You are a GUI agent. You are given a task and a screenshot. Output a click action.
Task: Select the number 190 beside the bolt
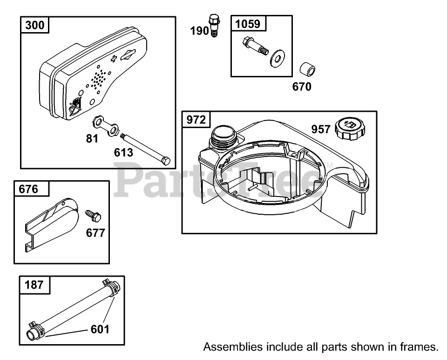coord(200,31)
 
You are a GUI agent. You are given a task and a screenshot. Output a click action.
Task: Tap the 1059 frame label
coord(249,23)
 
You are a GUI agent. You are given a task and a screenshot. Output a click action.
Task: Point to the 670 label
coord(302,87)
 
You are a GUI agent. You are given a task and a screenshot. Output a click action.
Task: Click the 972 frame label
coord(196,120)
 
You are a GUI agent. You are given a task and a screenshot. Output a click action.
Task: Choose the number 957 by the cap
coord(321,129)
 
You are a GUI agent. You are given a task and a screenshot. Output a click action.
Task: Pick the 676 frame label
coord(28,189)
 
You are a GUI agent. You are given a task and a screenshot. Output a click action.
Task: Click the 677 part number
coord(95,232)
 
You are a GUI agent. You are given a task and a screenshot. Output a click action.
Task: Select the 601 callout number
coord(100,329)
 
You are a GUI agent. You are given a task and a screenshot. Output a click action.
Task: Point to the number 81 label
coord(92,138)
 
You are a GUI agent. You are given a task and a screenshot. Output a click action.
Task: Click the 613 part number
coord(123,152)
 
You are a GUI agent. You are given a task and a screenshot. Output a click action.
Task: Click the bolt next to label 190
coord(214,26)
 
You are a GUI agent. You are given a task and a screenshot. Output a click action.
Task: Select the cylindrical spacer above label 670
coord(307,70)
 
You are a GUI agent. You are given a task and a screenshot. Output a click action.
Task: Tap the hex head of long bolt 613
coord(166,162)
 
